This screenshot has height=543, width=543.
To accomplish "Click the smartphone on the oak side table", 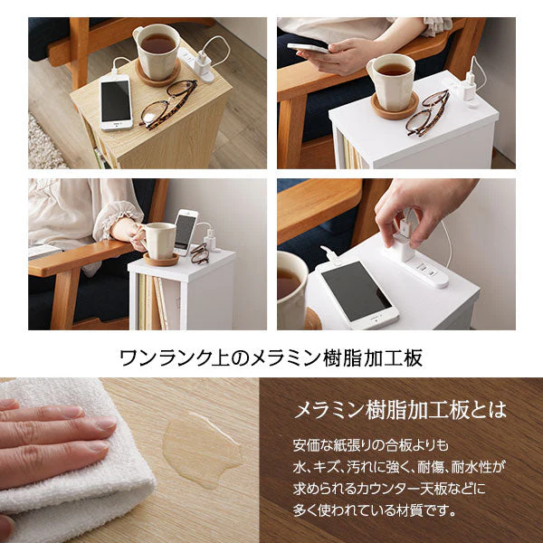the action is (116, 102).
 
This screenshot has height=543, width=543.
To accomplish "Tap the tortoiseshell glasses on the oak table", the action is (168, 104).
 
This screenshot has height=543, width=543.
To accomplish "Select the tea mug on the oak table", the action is (157, 52).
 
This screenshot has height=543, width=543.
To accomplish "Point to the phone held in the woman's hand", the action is (308, 48).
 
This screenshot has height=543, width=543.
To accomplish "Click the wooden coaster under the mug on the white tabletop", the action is (395, 106).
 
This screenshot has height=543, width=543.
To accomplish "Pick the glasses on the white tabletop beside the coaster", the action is (428, 112).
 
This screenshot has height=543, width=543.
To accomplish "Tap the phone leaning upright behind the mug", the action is (186, 232).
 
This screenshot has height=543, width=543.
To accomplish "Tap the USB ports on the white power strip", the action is (425, 269).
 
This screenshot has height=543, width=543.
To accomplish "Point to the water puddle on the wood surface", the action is (202, 450).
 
